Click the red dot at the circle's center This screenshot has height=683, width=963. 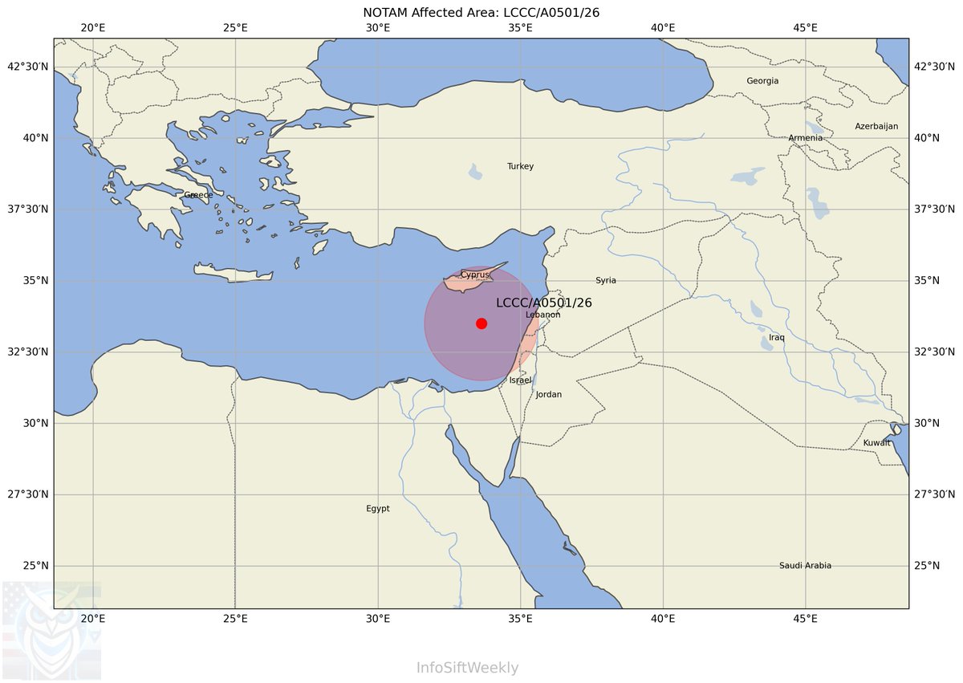click(x=481, y=323)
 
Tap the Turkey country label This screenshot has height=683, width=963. click(x=520, y=166)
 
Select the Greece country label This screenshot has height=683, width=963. click(x=198, y=195)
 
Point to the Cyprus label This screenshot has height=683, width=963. click(x=474, y=274)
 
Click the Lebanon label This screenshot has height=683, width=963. click(x=542, y=315)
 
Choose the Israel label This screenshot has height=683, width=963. click(x=520, y=380)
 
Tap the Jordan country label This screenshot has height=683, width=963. click(x=549, y=394)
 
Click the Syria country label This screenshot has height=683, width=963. click(x=606, y=280)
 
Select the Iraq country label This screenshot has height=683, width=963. click(x=777, y=337)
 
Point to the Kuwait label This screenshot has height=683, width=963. click(x=877, y=443)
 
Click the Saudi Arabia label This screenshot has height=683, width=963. click(x=805, y=566)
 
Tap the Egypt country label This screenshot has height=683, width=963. click(x=378, y=508)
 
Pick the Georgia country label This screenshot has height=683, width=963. click(x=762, y=81)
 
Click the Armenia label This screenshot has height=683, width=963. click(x=805, y=138)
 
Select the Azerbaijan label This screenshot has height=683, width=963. click(x=876, y=127)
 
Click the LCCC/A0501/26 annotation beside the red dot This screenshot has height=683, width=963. click(x=543, y=303)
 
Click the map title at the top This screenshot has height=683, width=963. click(x=481, y=12)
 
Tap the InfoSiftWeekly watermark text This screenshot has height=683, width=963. click(x=467, y=668)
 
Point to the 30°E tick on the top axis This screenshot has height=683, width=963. click(x=378, y=28)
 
